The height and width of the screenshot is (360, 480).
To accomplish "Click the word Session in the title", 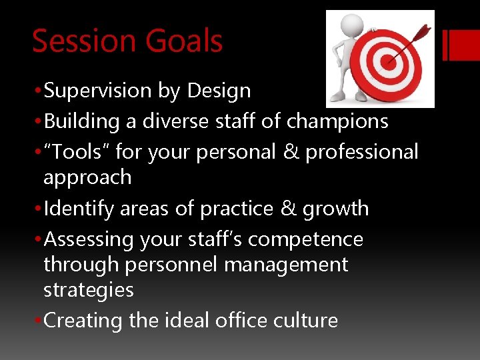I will (x=78, y=41).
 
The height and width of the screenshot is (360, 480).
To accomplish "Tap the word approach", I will (x=87, y=178).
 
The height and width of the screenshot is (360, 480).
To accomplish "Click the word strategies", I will (x=88, y=290).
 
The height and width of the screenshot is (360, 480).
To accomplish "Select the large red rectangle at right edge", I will (x=465, y=45).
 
